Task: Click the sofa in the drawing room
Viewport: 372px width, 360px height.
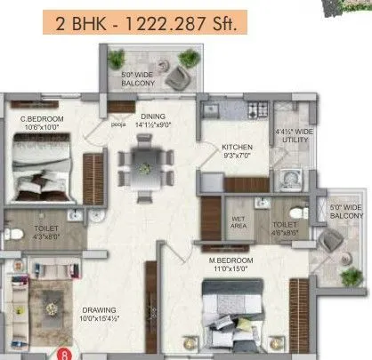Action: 21,311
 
